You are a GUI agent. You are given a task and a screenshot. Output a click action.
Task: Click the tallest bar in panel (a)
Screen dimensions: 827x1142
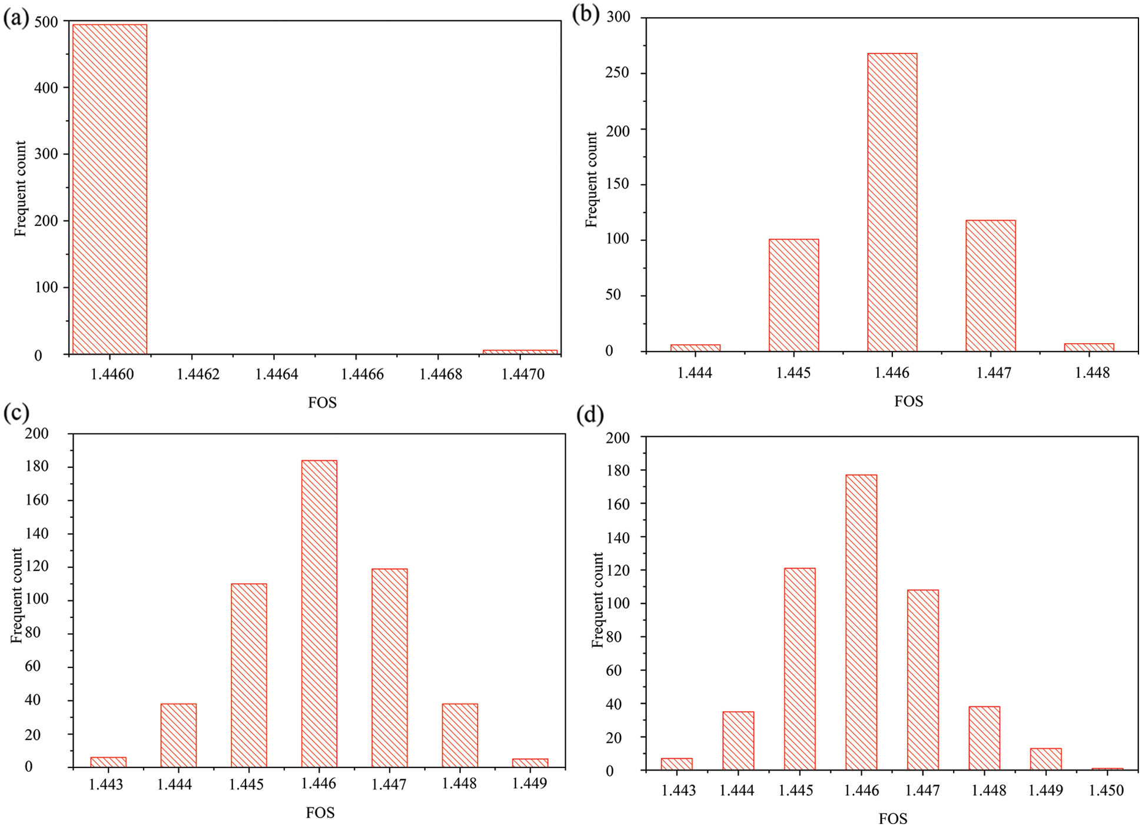tap(109, 188)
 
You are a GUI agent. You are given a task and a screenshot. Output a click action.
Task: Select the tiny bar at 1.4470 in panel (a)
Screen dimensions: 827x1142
tap(520, 352)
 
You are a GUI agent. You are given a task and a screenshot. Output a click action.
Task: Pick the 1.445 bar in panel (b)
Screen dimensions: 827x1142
tap(794, 295)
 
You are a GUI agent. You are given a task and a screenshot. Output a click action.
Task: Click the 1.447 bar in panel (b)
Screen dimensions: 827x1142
tap(991, 285)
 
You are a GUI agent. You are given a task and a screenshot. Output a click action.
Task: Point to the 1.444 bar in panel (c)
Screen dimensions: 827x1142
tap(178, 735)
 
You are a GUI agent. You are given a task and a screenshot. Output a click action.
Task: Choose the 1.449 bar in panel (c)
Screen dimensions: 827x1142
tap(530, 763)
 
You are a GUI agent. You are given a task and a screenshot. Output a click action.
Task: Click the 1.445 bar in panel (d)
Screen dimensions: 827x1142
tap(799, 669)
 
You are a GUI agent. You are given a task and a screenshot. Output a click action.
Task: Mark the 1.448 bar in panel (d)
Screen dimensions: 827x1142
tap(984, 738)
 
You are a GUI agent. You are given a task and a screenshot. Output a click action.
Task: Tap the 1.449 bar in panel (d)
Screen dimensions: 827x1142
tap(1045, 759)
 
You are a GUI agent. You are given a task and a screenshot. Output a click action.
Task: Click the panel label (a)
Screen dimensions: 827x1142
tap(16, 19)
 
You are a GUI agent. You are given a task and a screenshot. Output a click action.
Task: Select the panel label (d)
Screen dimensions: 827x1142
tap(590, 416)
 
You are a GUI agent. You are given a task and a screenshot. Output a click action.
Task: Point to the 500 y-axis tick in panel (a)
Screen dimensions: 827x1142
tap(47, 22)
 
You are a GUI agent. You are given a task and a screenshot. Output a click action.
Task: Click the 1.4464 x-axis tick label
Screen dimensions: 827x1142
tap(276, 374)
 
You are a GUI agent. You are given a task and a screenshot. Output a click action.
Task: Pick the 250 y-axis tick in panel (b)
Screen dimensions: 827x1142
tap(618, 73)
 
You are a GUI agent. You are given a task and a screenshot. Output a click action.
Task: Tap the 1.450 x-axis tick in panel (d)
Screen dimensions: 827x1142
tap(1107, 790)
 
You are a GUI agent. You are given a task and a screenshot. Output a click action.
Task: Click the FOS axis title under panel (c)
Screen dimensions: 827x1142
tap(320, 813)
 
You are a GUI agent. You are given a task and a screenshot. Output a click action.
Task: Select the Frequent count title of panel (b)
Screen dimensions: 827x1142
tap(591, 180)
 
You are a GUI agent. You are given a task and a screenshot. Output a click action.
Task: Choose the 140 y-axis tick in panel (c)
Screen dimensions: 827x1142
tap(36, 534)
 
